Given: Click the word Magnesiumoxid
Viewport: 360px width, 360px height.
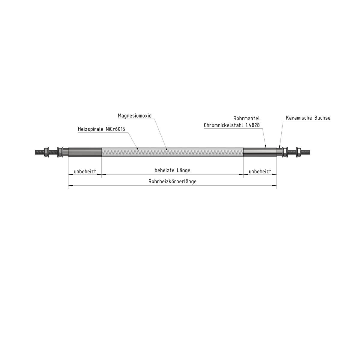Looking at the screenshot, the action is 134,115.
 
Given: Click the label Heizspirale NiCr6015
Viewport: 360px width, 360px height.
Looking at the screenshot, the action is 101,129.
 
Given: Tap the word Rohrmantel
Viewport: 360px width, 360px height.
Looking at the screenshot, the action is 246,118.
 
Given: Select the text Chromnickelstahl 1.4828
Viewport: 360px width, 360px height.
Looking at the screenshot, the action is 232,125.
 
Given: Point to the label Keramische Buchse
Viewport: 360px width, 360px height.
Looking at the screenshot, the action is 308,118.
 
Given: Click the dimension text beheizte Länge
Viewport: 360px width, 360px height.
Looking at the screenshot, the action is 172,170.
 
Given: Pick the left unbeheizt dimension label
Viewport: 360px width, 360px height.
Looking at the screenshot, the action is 85,171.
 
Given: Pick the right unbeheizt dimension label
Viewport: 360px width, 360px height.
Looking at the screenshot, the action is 260,171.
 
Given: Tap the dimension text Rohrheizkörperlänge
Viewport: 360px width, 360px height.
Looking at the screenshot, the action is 172,181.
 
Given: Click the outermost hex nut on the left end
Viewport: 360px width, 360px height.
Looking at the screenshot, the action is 46,152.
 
